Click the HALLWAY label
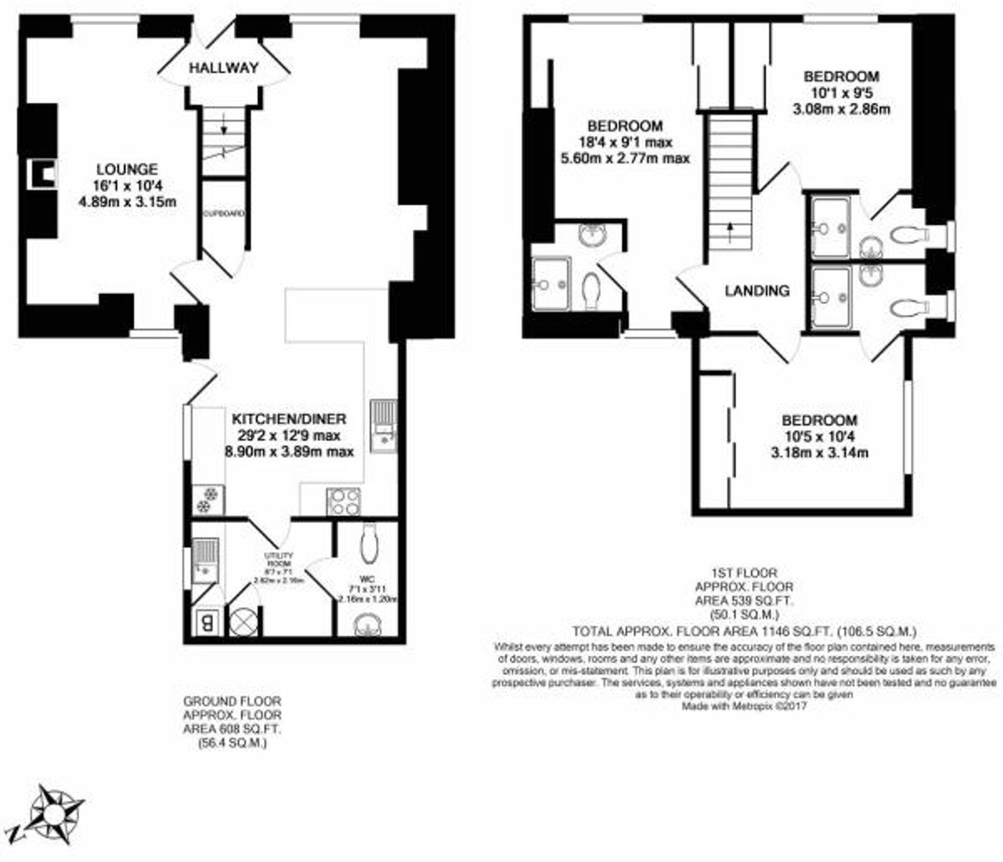pyautogui.click(x=224, y=68)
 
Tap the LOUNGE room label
pyautogui.click(x=127, y=169)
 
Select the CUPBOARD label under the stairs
pyautogui.click(x=224, y=213)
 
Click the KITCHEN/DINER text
pyautogui.click(x=289, y=419)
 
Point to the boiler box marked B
pyautogui.click(x=207, y=623)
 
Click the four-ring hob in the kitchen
pyautogui.click(x=344, y=501)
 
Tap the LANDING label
pyautogui.click(x=757, y=291)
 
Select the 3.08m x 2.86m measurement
pyautogui.click(x=841, y=109)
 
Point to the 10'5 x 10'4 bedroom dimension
pyautogui.click(x=819, y=437)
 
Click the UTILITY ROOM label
pyautogui.click(x=279, y=559)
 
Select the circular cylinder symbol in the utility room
pyautogui.click(x=244, y=622)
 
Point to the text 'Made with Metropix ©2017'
pyautogui.click(x=744, y=706)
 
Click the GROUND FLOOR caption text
pyautogui.click(x=232, y=701)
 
